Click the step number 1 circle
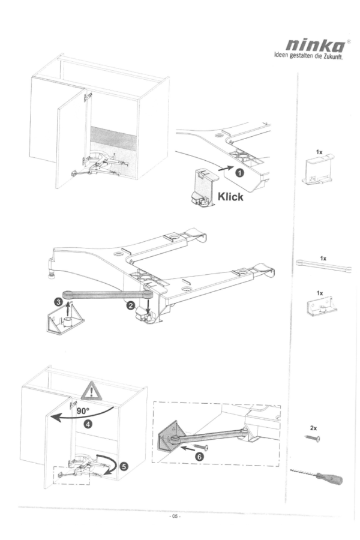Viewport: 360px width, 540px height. click(239, 172)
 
